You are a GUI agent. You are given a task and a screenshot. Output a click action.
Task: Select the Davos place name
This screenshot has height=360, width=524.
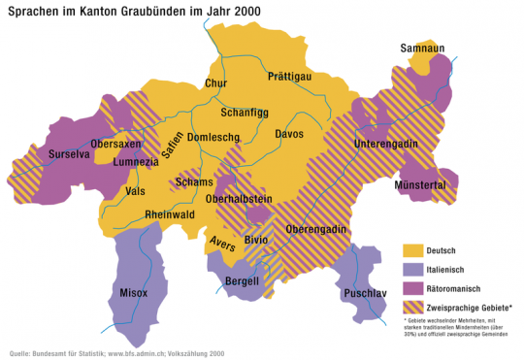288,133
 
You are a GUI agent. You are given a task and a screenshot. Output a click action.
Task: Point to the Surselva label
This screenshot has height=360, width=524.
57,153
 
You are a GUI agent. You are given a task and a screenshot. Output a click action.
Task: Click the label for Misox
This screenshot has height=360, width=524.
133,290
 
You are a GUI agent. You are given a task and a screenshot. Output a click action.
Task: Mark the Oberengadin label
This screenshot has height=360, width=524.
316,229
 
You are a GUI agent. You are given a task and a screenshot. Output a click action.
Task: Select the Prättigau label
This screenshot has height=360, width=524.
290,76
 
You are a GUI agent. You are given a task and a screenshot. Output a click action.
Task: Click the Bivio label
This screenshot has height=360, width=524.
256,238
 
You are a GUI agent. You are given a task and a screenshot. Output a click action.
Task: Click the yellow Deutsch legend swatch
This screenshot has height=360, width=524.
413,251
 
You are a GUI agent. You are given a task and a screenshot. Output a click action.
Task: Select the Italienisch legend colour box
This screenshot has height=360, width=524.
413,270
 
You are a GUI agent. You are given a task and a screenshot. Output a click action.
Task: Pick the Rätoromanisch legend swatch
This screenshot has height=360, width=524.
413,288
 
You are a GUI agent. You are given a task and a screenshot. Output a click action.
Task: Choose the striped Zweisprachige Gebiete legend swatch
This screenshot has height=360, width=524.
413,307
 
